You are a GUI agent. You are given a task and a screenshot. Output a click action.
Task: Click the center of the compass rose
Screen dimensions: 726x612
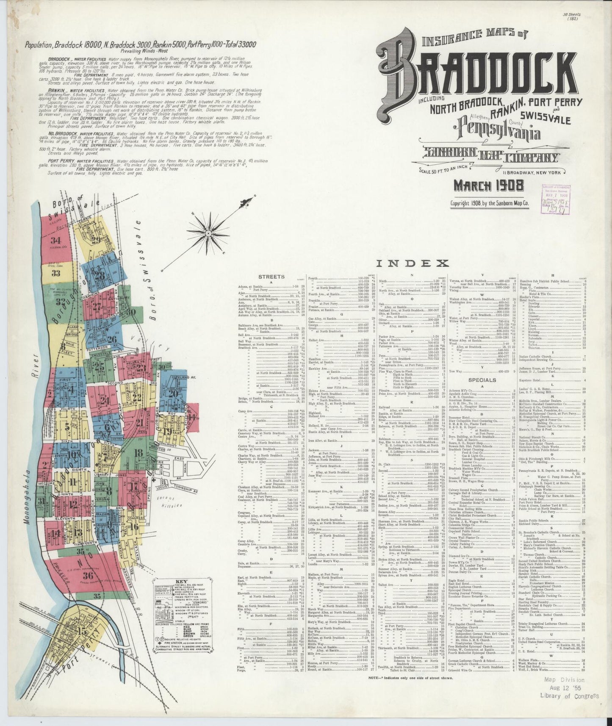point(209,233)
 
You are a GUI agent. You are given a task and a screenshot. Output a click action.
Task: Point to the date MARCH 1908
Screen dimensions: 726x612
point(488,185)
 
